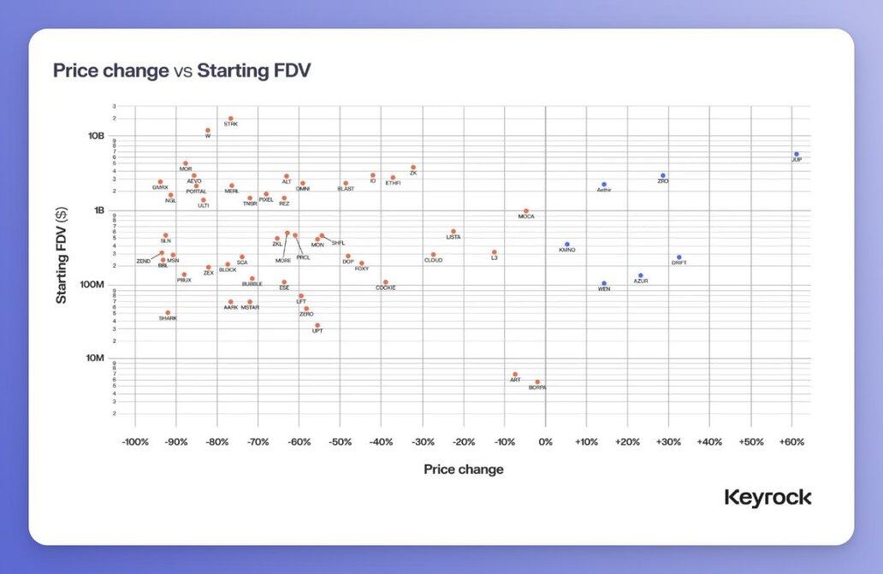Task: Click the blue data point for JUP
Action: [x=797, y=155]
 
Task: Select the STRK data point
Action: [x=231, y=119]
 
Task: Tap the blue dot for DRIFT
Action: [x=679, y=257]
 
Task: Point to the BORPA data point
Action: [x=537, y=382]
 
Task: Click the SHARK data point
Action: [x=168, y=313]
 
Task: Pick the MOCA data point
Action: [x=526, y=211]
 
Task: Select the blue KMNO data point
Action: [x=566, y=245]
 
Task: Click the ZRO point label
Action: [x=663, y=181]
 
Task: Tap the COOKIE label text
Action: [x=386, y=287]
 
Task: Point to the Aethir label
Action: [x=604, y=190]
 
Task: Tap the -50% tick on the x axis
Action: [x=340, y=442]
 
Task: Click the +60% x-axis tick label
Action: [x=791, y=442]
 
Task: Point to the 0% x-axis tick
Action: [x=545, y=442]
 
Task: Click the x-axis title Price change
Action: [x=464, y=470]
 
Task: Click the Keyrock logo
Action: [x=767, y=498]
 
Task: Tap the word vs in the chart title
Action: [x=183, y=71]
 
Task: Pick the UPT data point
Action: [x=317, y=326]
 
